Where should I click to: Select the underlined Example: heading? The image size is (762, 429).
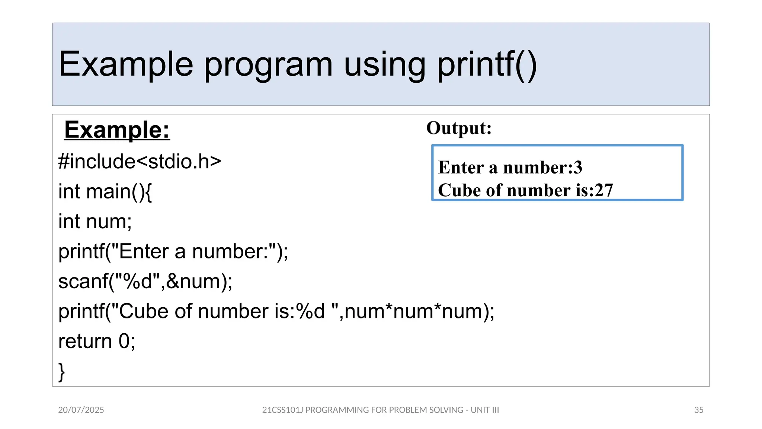point(117,130)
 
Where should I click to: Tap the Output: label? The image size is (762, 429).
point(459,128)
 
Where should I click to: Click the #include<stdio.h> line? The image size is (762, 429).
point(140,162)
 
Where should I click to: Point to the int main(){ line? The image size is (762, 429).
point(105,191)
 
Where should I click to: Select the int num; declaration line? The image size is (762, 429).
point(95,222)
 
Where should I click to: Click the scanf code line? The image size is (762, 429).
point(145,281)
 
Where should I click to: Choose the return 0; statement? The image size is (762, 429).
point(97,341)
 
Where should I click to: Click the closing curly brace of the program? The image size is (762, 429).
point(61,371)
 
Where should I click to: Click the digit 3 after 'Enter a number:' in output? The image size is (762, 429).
point(577,167)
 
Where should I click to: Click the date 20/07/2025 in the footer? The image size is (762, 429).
point(81,410)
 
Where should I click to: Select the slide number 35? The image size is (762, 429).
point(698,410)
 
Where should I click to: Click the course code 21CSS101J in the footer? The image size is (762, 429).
point(282,410)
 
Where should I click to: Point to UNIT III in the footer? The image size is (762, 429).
point(484,410)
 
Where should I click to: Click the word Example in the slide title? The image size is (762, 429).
point(126,65)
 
